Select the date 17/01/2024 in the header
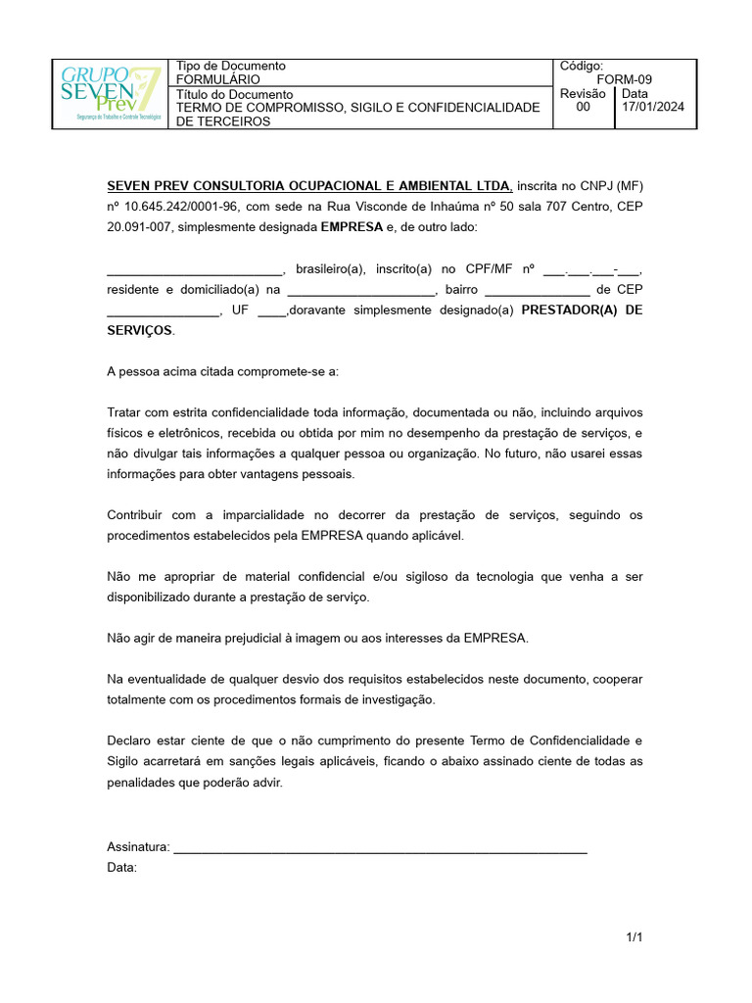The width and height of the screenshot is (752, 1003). pyautogui.click(x=653, y=108)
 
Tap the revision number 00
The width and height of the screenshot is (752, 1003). pyautogui.click(x=583, y=108)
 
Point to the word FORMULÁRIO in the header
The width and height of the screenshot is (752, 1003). pyautogui.click(x=217, y=79)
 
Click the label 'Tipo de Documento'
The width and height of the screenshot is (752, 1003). pyautogui.click(x=230, y=66)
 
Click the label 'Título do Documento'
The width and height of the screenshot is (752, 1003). pyautogui.click(x=234, y=94)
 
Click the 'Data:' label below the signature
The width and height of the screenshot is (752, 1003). pyautogui.click(x=121, y=868)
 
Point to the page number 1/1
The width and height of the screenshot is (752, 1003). pyautogui.click(x=634, y=938)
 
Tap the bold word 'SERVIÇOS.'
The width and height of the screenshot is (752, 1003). pyautogui.click(x=140, y=331)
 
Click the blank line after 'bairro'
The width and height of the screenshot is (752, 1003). pyautogui.click(x=537, y=290)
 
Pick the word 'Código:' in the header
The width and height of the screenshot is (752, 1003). pyautogui.click(x=582, y=66)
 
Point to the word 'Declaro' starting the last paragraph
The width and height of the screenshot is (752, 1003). pyautogui.click(x=129, y=740)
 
